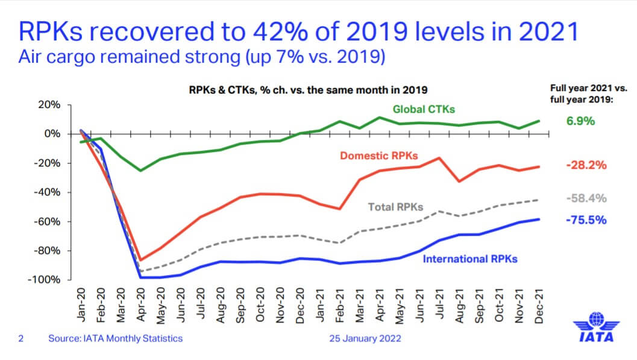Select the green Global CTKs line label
pos(424,110)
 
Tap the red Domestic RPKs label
pos(379,156)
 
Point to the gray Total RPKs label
pos(396,207)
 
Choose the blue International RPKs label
pos(470,259)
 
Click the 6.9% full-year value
pos(580,121)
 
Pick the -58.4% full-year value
pos(586,198)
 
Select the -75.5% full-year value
pos(586,220)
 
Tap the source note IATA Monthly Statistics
pos(115,339)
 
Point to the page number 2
pos(20,339)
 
